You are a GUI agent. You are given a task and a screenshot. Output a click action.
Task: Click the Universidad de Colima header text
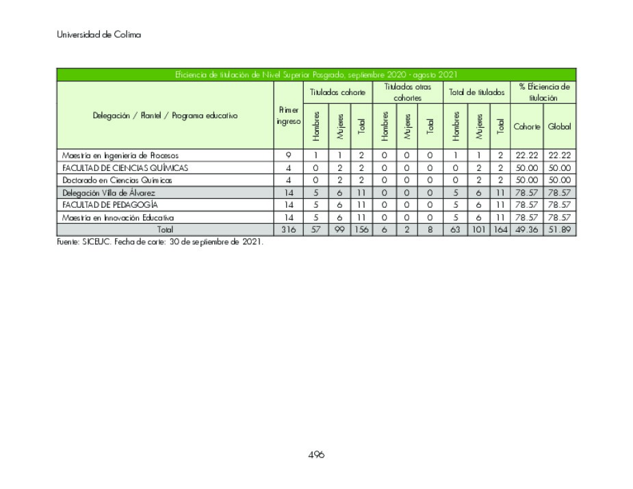click(99, 35)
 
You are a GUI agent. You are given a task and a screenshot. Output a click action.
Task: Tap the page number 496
click(316, 455)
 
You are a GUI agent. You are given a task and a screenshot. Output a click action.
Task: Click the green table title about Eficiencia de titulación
click(315, 75)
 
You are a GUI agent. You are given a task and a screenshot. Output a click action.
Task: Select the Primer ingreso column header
click(288, 116)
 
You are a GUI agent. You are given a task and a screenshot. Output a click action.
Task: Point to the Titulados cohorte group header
click(337, 92)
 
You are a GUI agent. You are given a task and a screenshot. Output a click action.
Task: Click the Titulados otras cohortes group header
click(407, 92)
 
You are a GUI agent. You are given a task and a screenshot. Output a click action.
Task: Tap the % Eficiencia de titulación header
click(543, 92)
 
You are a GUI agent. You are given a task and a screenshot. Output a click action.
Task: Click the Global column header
click(559, 127)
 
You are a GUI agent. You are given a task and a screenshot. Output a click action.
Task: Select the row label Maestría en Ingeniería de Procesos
click(120, 155)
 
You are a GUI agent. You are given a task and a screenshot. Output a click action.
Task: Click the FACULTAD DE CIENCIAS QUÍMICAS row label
click(125, 168)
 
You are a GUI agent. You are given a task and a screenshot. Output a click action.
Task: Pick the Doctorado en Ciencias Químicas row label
click(117, 180)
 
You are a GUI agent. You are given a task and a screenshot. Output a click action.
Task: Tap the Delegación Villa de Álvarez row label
click(109, 193)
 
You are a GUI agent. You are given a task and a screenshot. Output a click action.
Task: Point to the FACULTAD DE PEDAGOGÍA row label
click(109, 204)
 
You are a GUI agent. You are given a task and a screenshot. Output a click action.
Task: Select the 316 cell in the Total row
click(288, 230)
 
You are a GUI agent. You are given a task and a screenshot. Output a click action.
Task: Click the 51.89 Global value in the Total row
click(559, 230)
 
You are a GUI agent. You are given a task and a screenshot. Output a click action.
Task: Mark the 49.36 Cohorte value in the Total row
click(526, 230)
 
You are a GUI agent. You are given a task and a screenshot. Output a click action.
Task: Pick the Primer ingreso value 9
click(288, 155)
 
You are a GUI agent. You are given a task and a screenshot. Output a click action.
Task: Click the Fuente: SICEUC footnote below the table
click(159, 242)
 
